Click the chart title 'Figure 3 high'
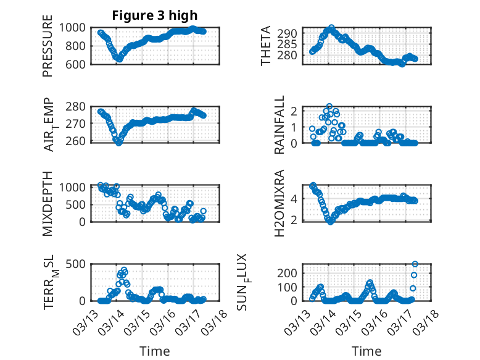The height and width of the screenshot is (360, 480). tap(155, 15)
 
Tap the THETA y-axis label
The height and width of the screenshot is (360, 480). tap(266, 46)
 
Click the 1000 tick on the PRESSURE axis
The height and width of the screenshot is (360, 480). tap(75, 27)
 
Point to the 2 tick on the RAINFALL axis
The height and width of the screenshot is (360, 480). tap(296, 111)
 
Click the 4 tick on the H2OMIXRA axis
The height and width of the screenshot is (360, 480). tap(296, 199)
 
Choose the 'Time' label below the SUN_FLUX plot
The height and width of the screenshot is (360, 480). tap(366, 351)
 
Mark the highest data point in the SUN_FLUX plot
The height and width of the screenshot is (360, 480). tap(415, 264)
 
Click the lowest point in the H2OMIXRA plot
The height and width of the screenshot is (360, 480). tap(331, 221)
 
